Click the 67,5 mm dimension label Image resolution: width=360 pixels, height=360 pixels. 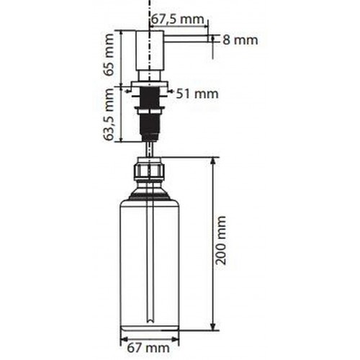pyautogui.click(x=178, y=19)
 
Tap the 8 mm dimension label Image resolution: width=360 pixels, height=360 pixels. pyautogui.click(x=240, y=40)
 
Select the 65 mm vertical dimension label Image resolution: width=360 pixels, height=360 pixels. pyautogui.click(x=109, y=55)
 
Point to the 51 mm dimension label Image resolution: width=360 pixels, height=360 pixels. pyautogui.click(x=197, y=94)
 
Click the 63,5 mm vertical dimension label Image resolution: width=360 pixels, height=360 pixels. pyautogui.click(x=109, y=114)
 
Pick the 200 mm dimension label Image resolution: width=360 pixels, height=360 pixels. pyautogui.click(x=221, y=240)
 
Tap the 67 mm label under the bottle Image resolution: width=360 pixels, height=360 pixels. pyautogui.click(x=148, y=348)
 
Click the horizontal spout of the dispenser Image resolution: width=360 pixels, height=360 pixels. pyautogui.click(x=186, y=39)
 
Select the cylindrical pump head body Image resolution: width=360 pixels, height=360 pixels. pyautogui.click(x=150, y=50)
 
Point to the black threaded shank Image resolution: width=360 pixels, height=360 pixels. pyautogui.click(x=150, y=113)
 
